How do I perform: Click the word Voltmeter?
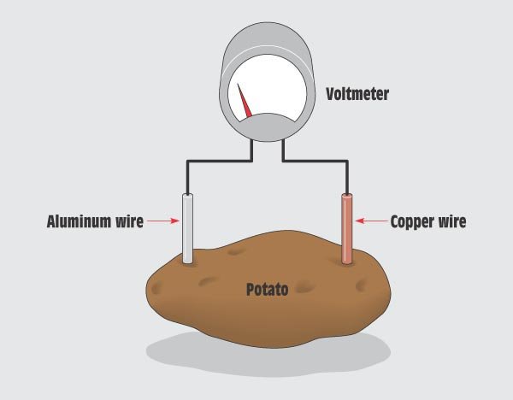tap(357, 94)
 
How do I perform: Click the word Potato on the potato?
tap(267, 290)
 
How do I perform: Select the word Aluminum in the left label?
tap(79, 221)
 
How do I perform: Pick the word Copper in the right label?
tap(412, 221)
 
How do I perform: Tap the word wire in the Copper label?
tap(452, 221)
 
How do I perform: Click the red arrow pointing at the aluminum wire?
tap(163, 221)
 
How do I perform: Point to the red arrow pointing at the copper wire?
tap(372, 221)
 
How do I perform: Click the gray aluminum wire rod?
tap(187, 228)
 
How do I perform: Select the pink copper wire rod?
tap(347, 228)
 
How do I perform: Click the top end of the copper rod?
tap(347, 194)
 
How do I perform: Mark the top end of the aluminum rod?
tap(187, 194)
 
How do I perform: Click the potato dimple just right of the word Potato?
tap(305, 287)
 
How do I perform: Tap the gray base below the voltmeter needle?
tap(269, 126)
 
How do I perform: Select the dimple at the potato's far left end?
tap(157, 288)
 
